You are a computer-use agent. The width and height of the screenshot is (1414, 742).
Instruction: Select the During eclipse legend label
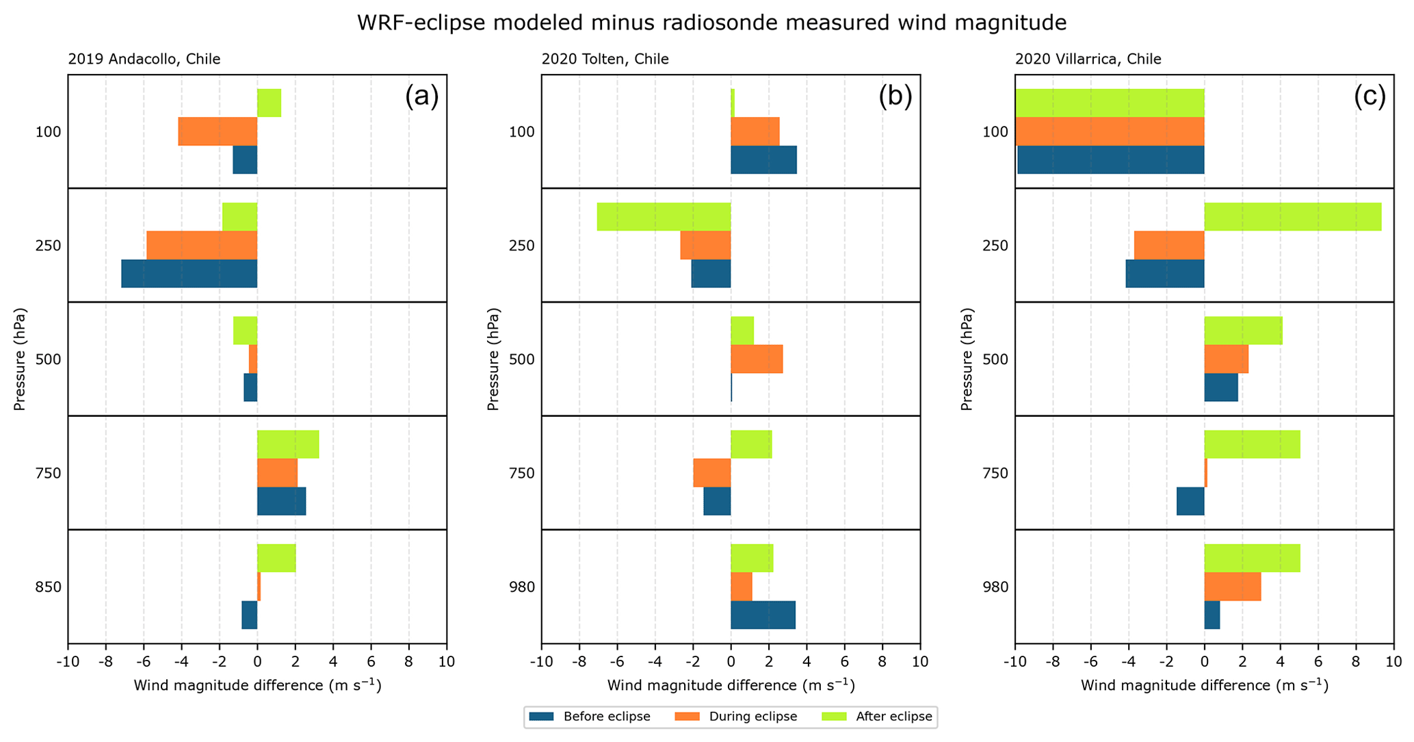pos(753,717)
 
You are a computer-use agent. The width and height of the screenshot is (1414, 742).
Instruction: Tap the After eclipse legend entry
pos(894,717)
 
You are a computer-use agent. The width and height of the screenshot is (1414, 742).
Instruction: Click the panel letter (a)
pos(421,97)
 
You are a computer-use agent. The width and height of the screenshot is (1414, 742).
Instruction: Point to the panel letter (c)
pos(1370,97)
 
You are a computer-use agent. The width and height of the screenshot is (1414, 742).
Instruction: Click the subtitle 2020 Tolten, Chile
pos(605,59)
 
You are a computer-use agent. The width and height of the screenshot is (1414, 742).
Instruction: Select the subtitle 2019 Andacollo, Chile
pos(144,59)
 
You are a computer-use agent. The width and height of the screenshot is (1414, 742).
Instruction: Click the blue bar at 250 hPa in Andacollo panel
pos(189,274)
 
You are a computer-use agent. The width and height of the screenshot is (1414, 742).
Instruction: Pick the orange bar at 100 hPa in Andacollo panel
pos(218,131)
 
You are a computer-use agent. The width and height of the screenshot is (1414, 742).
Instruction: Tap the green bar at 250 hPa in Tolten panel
pos(664,217)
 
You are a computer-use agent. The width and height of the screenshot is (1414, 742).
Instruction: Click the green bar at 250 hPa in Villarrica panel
pos(1292,217)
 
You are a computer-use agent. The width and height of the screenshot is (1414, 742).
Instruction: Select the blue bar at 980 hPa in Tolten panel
pos(763,615)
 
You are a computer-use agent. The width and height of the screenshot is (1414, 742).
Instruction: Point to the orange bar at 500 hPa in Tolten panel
pos(757,359)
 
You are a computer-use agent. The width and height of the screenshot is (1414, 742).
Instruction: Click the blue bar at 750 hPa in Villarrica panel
pos(1190,501)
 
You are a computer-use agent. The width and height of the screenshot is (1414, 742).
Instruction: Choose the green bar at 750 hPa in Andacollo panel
pos(288,444)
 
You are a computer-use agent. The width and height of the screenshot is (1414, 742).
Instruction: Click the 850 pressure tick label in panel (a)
pos(49,587)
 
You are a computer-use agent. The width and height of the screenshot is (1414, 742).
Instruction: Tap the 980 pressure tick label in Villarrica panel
pos(995,587)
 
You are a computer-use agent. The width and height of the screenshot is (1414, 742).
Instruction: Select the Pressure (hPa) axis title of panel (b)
pos(494,359)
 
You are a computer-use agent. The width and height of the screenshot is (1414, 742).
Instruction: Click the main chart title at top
pos(711,23)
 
